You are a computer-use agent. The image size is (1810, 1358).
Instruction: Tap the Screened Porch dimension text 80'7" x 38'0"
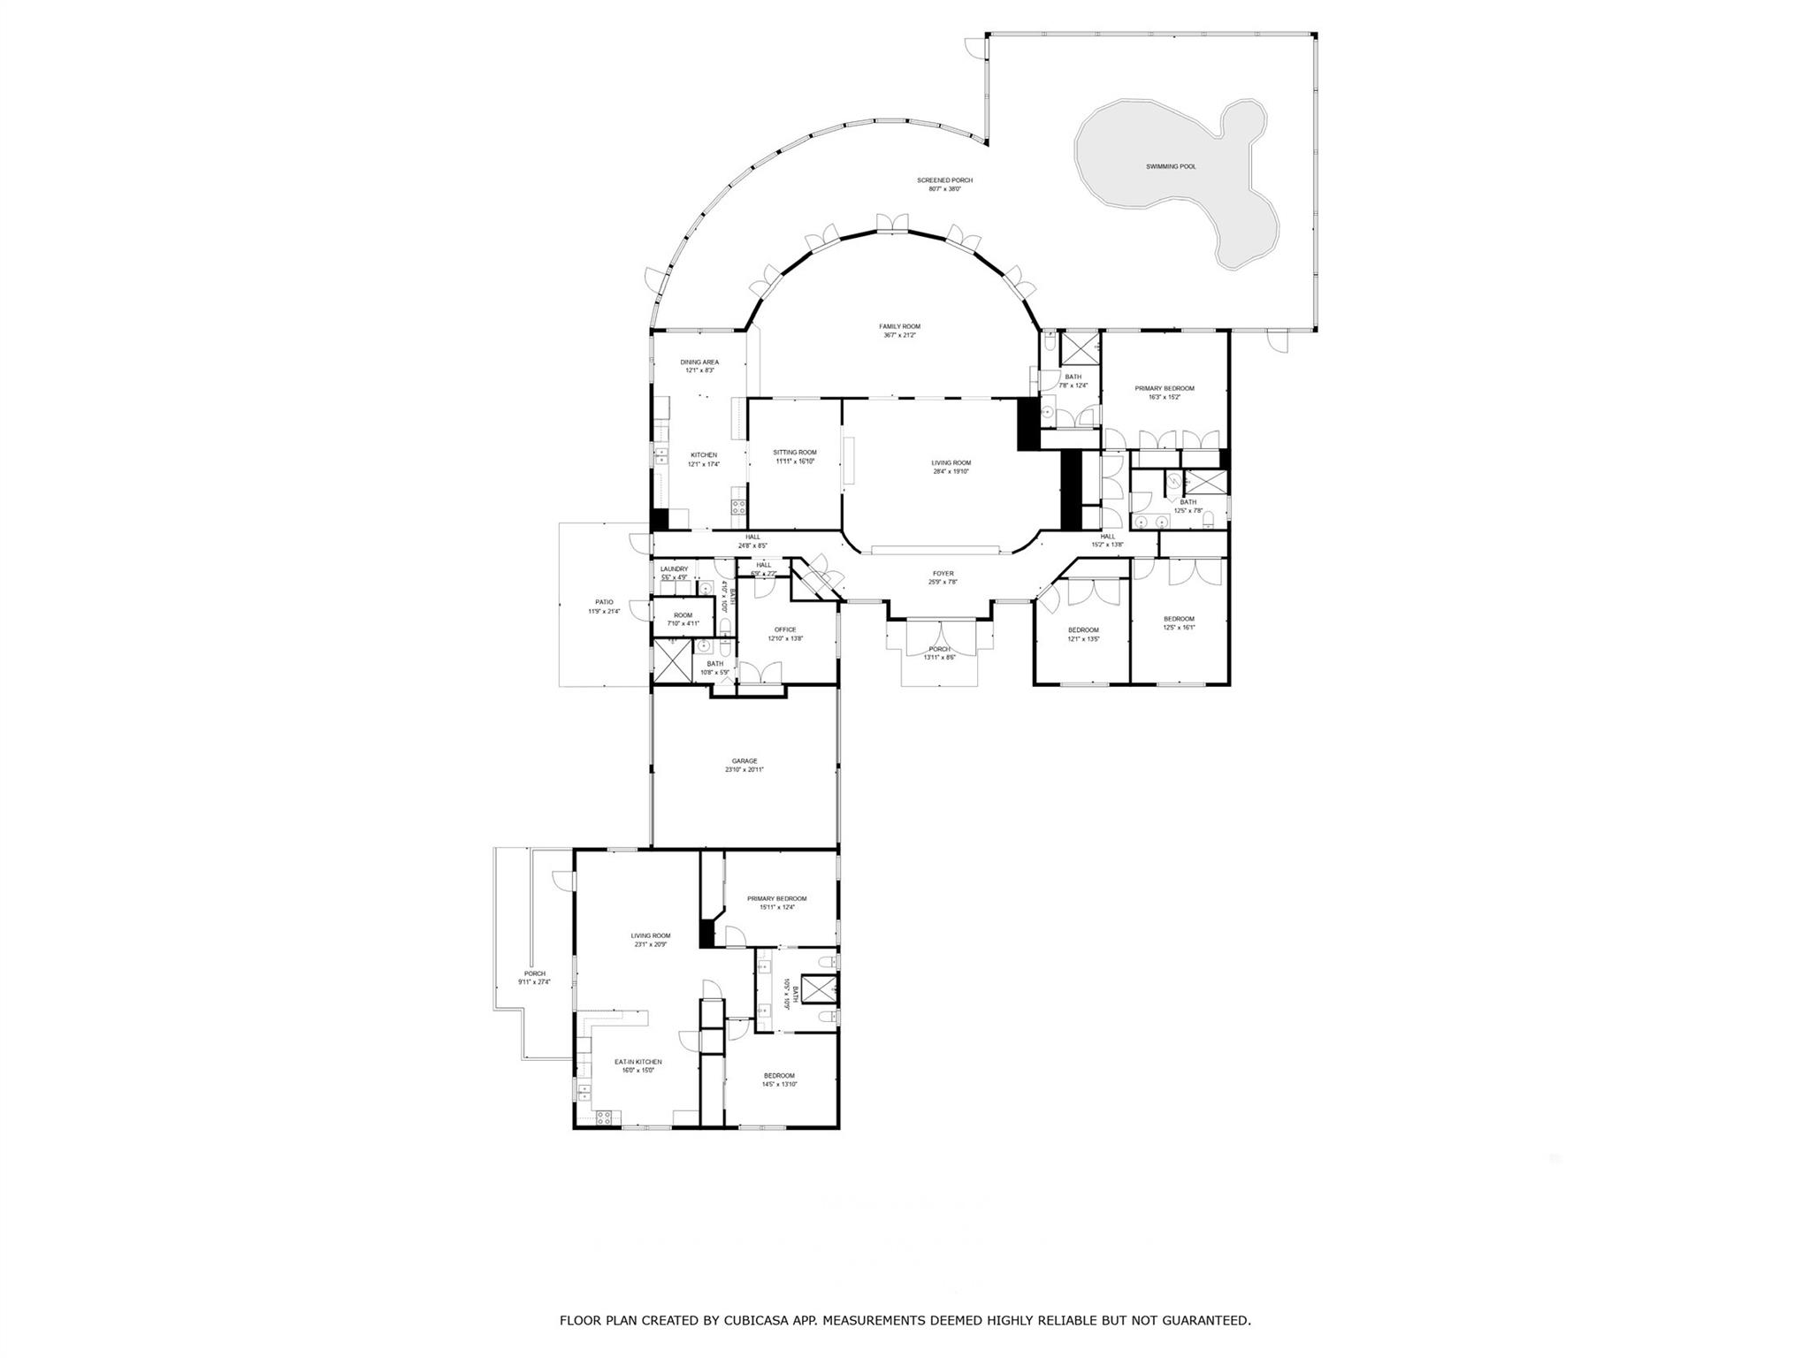click(x=944, y=189)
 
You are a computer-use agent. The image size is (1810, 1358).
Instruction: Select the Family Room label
click(x=899, y=326)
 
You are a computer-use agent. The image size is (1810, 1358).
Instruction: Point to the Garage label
click(x=744, y=761)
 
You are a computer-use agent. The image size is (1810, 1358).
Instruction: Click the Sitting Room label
click(x=794, y=452)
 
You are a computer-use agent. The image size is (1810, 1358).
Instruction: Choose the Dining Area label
click(x=699, y=362)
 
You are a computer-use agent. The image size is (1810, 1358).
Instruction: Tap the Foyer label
click(x=943, y=574)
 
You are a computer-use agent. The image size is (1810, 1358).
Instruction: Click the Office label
click(x=785, y=629)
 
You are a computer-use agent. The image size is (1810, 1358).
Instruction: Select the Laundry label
click(x=674, y=569)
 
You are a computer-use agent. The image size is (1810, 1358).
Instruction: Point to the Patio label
click(x=604, y=602)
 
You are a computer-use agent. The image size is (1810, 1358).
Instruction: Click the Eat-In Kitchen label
click(x=638, y=1062)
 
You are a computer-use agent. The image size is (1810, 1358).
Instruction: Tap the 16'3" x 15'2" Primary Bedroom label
click(x=1165, y=388)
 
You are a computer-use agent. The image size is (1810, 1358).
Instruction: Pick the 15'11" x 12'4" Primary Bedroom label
click(x=776, y=898)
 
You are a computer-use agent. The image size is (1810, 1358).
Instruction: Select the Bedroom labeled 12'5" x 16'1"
click(x=1179, y=619)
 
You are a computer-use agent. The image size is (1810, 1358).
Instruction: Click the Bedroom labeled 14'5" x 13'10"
click(x=779, y=1075)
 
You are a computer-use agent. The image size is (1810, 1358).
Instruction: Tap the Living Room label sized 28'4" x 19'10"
click(x=951, y=462)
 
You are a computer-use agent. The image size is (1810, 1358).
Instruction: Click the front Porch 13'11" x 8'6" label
click(x=939, y=649)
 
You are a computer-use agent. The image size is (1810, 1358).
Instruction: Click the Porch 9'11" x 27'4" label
click(x=534, y=973)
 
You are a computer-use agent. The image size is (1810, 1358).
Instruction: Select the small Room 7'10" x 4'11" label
click(x=683, y=615)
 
